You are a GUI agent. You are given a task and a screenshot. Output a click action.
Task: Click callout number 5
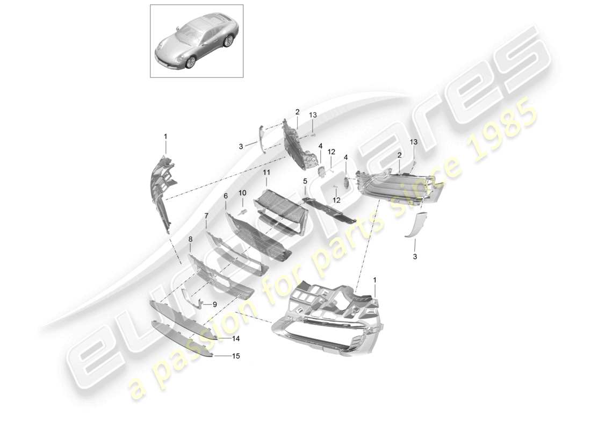[x=305, y=182]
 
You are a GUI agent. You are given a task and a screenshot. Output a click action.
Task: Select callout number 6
[x=226, y=197]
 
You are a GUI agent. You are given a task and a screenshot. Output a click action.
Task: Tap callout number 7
[x=206, y=216]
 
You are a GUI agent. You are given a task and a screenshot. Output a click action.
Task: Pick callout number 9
[x=214, y=304]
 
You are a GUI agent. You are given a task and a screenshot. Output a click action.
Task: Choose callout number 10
[x=242, y=192]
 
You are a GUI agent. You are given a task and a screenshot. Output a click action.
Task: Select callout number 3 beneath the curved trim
[x=415, y=257]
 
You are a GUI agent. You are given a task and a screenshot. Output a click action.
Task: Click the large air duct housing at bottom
[x=328, y=317]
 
